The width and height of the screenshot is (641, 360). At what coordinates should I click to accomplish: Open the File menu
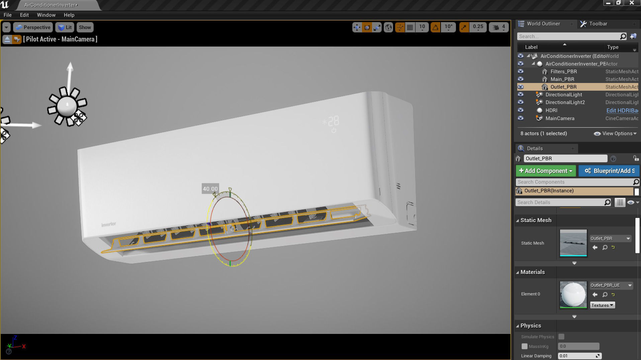tap(7, 15)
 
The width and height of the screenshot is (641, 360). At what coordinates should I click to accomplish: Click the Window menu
tap(46, 15)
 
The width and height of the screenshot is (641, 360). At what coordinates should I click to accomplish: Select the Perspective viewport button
tap(33, 27)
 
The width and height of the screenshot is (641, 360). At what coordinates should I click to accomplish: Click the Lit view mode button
tap(65, 27)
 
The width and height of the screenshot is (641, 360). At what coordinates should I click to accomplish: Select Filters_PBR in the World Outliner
tap(563, 72)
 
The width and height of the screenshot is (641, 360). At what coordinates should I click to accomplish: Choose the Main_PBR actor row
tap(562, 79)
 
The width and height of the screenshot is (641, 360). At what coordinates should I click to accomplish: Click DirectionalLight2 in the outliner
tap(565, 102)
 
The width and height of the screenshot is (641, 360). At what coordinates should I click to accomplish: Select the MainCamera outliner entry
tap(560, 118)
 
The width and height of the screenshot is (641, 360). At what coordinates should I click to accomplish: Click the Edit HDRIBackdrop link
tap(622, 110)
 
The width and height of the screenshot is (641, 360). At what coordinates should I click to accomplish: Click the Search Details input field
tap(560, 202)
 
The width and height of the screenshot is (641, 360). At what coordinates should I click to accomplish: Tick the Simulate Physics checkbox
tap(561, 337)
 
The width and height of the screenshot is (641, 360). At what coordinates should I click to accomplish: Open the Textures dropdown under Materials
tap(602, 305)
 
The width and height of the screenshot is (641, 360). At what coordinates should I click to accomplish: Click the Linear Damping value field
tap(577, 356)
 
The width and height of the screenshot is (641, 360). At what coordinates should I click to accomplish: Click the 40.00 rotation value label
tap(210, 189)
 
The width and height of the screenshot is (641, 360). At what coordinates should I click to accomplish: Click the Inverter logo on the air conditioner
tap(109, 224)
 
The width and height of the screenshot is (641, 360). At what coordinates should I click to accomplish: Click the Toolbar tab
tap(598, 24)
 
